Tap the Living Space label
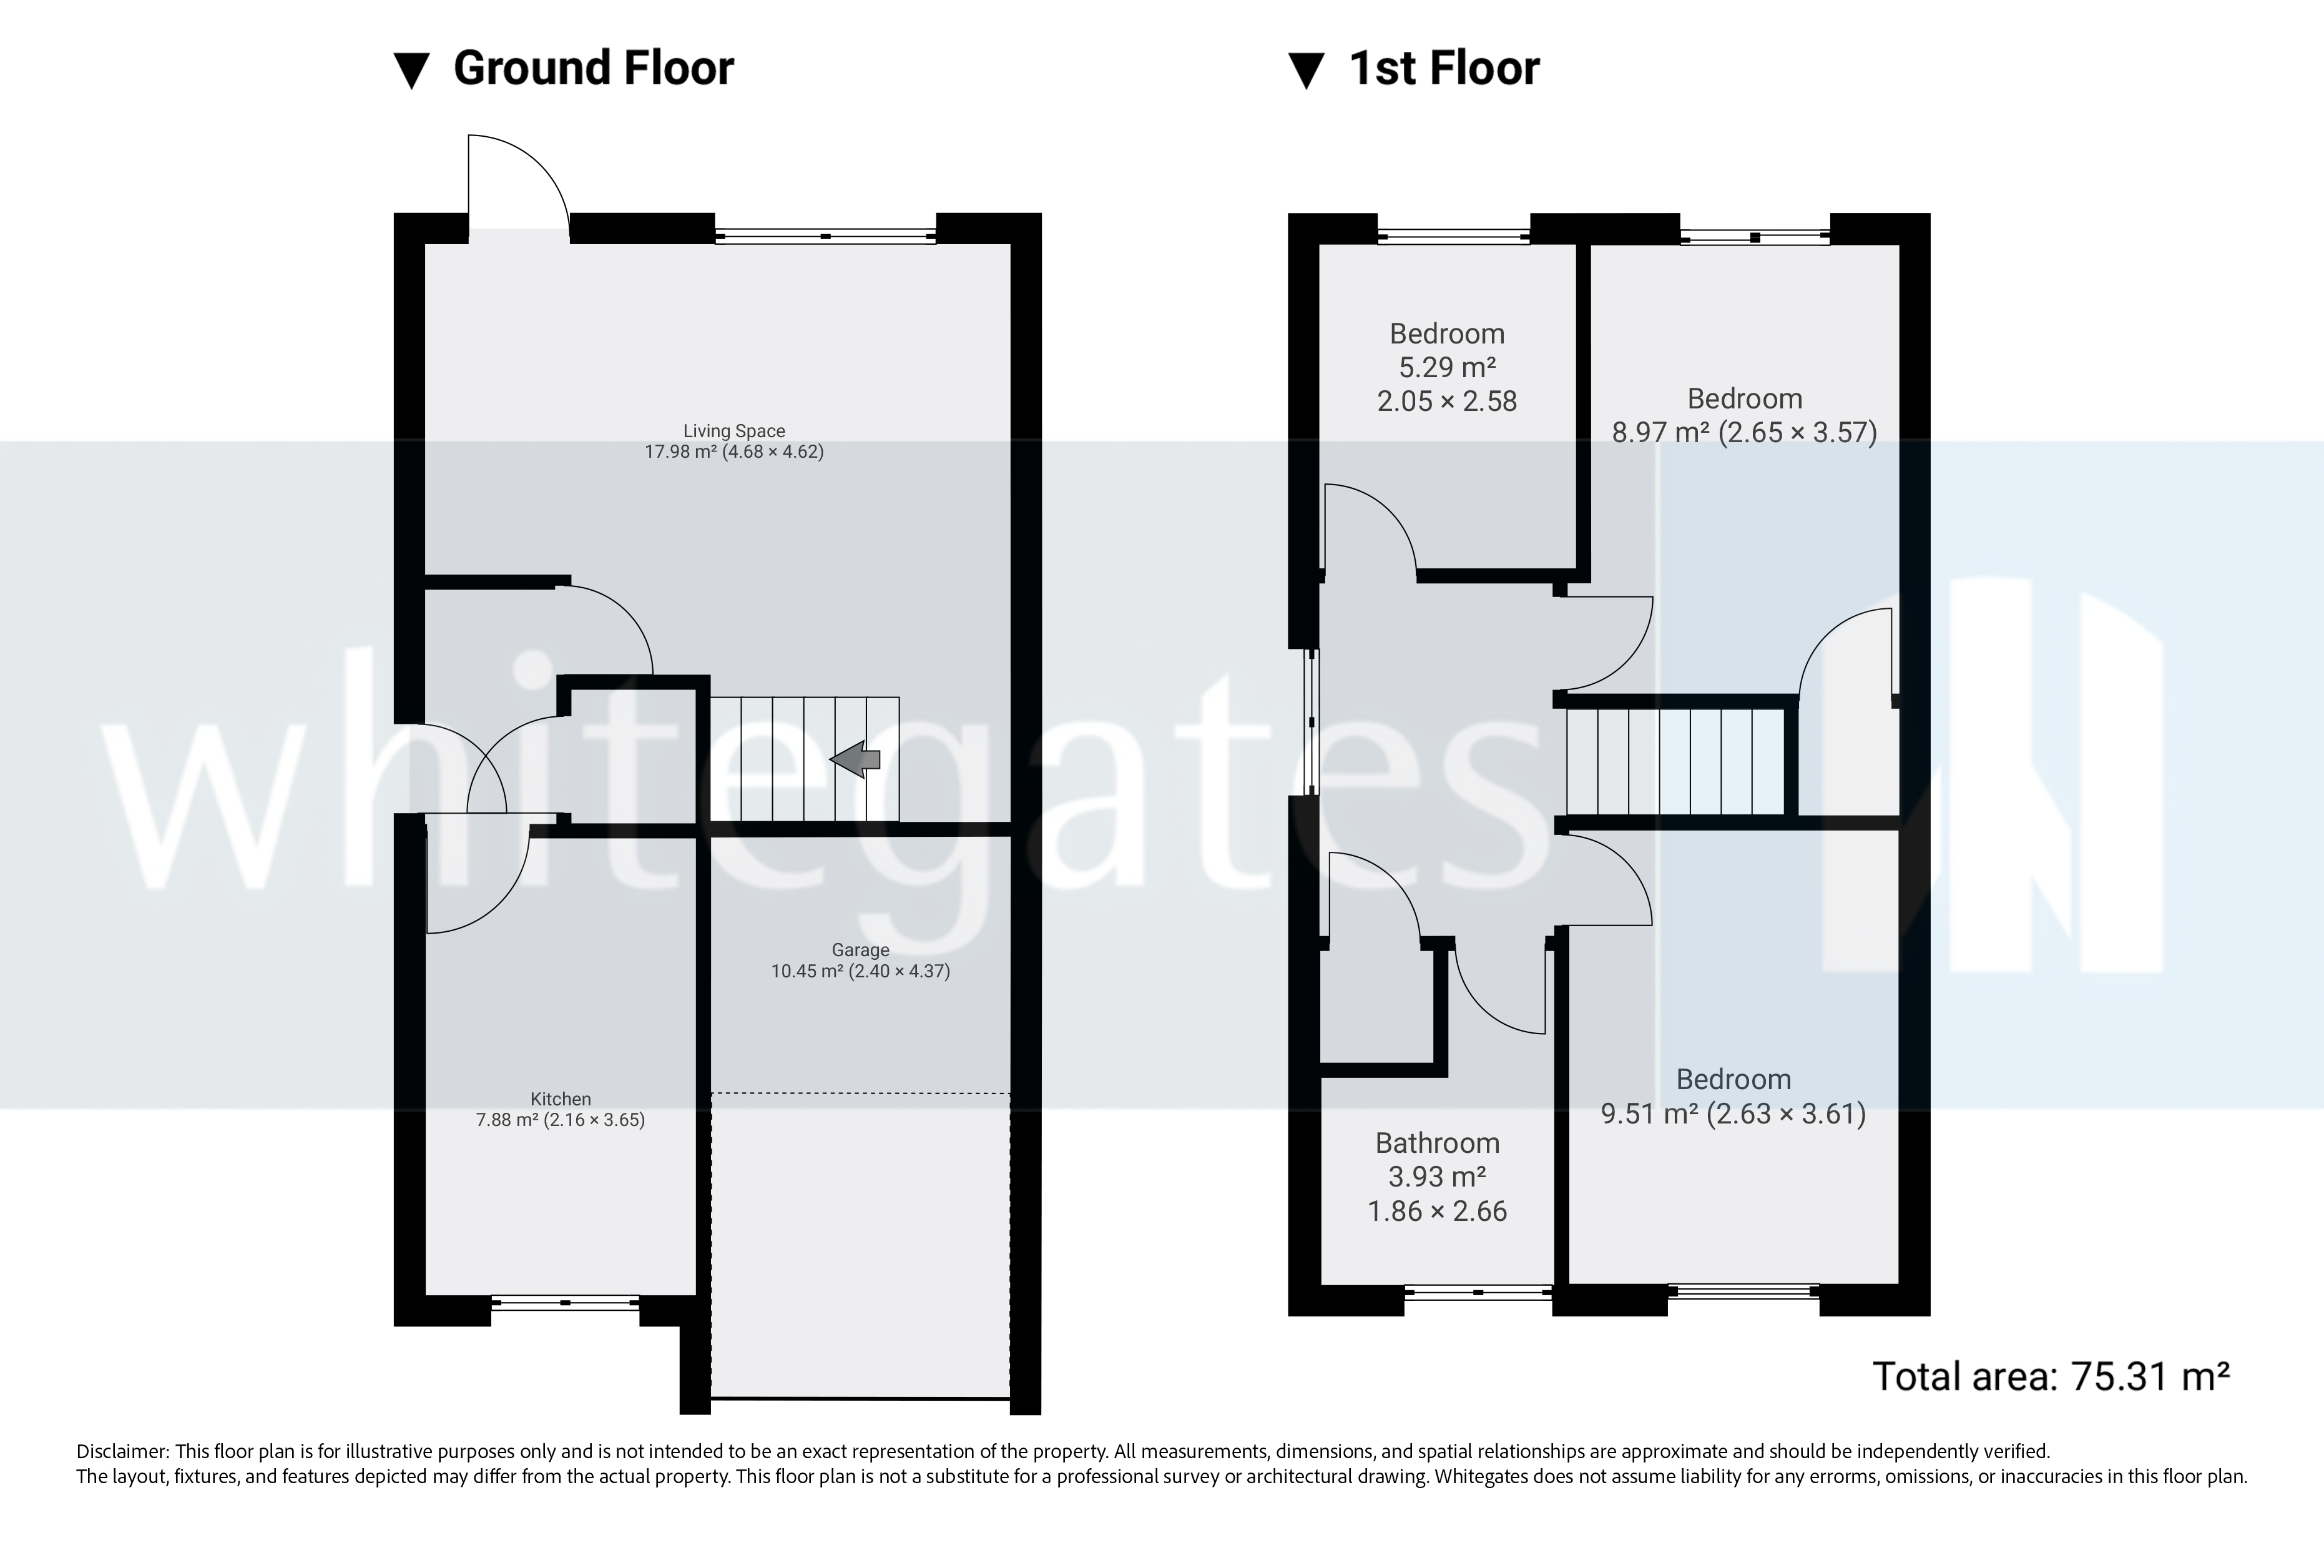pos(734,431)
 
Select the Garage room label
pos(860,950)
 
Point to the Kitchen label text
pos(561,1099)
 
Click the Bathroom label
pos(1437,1143)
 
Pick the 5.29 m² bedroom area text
pos(1446,368)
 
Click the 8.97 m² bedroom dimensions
pos(1744,432)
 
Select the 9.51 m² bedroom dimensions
pos(1733,1114)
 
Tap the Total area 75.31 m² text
pos(2051,1376)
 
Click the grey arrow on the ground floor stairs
pos(856,759)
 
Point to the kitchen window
pos(565,1303)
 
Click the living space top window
pos(825,236)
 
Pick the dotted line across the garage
pos(860,1093)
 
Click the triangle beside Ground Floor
pos(411,71)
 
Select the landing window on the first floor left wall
pos(1312,722)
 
